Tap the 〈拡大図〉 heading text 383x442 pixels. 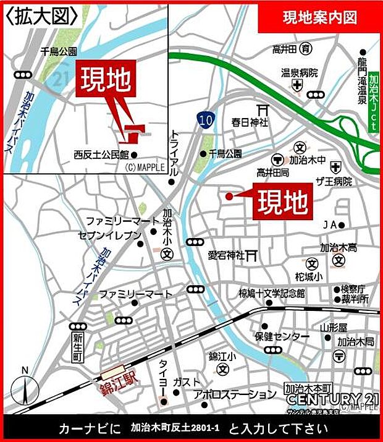pyautogui.click(x=41, y=15)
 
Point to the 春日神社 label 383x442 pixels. pyautogui.click(x=250, y=122)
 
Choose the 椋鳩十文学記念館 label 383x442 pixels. pyautogui.click(x=272, y=293)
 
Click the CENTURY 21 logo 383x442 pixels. pyautogui.click(x=332, y=399)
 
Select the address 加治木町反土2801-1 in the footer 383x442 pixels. pyautogui.click(x=177, y=428)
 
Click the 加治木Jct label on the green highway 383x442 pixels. pyautogui.click(x=373, y=106)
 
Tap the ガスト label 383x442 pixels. pyautogui.click(x=187, y=381)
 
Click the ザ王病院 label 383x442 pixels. pyautogui.click(x=334, y=182)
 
